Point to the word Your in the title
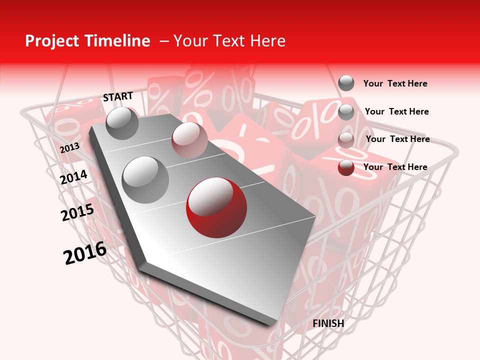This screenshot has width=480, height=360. (x=191, y=41)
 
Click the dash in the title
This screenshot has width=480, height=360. (x=164, y=42)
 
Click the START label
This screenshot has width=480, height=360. (x=118, y=96)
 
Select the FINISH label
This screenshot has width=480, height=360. (x=328, y=323)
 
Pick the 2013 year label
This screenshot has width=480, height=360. (x=69, y=148)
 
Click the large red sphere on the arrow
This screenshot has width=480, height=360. (x=216, y=208)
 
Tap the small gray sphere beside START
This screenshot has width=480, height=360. (x=122, y=123)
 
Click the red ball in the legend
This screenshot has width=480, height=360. (x=346, y=167)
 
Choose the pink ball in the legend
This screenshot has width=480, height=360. (x=346, y=140)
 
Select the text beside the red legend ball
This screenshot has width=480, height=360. (x=395, y=167)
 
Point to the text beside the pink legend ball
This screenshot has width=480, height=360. (x=397, y=139)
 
